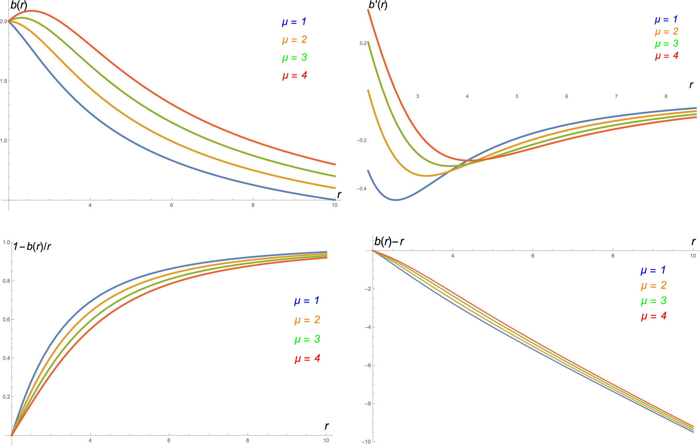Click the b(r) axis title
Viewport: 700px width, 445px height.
coord(19,6)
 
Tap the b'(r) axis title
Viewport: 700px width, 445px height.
coord(378,5)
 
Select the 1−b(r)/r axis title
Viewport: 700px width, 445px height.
coord(32,246)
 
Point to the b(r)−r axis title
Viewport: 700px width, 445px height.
coord(389,242)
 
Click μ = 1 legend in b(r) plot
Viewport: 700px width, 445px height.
coord(294,22)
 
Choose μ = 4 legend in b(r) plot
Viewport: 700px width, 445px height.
coord(294,75)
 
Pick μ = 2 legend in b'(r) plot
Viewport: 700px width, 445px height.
coord(666,32)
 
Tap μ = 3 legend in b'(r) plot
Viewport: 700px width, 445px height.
coord(666,44)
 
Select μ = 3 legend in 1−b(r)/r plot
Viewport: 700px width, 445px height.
coord(307,339)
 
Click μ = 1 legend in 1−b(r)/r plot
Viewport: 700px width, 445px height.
coord(307,301)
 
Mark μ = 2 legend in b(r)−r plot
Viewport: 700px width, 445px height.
coord(653,285)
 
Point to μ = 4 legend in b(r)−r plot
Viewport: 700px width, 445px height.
coord(653,316)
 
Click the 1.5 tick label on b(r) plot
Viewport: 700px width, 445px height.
coord(4,81)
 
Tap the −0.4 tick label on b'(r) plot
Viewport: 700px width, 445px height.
coord(362,189)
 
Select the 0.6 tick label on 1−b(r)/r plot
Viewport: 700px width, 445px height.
coord(6,319)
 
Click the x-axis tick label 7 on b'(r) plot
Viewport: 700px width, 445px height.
coord(616,96)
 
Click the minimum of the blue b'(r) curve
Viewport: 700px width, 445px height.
coord(395,200)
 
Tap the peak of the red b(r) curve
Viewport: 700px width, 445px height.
coord(32,11)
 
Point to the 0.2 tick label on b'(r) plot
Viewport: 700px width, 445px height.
coord(363,43)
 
